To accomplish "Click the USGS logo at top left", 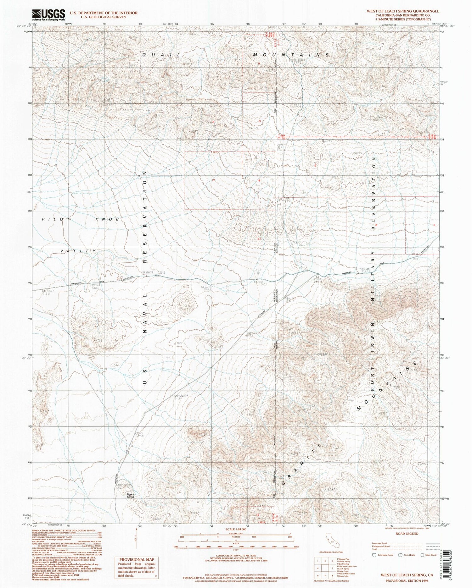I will (48, 14).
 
